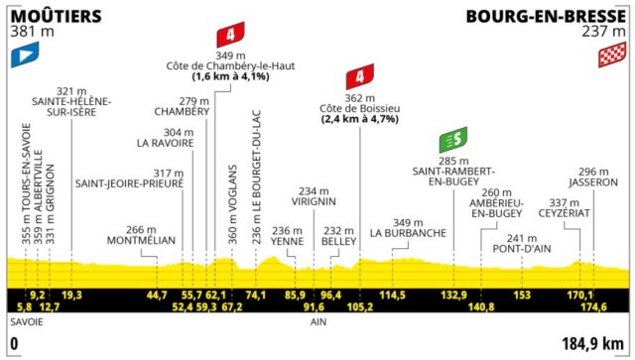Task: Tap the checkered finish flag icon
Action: pyautogui.click(x=611, y=58)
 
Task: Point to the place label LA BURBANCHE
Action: pyautogui.click(x=401, y=234)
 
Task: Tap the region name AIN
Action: pyautogui.click(x=318, y=322)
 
